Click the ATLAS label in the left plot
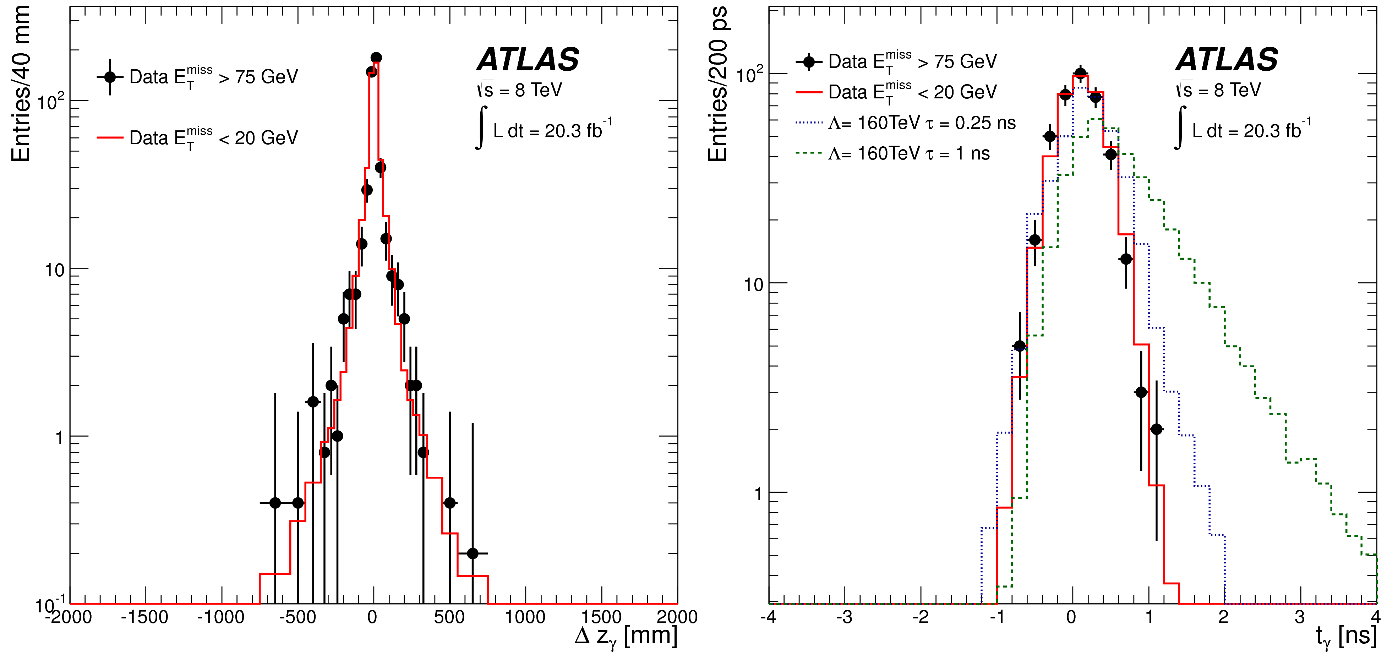528,59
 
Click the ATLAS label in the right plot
1227,59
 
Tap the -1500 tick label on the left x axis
144,617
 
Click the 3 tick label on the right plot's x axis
1299,617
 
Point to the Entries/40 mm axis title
21,84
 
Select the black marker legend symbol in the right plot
809,62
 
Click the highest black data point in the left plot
376,58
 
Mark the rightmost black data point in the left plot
473,553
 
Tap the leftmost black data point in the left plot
275,503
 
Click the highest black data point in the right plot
1081,73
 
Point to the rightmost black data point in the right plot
1157,429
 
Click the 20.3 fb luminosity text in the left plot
552,130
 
